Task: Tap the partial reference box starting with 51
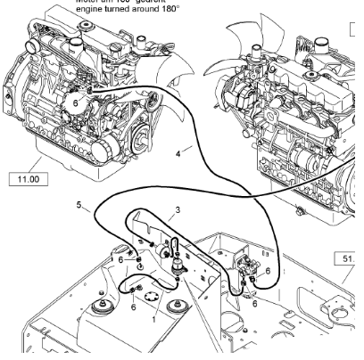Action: (x=349, y=259)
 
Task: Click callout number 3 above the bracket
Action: (x=178, y=210)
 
